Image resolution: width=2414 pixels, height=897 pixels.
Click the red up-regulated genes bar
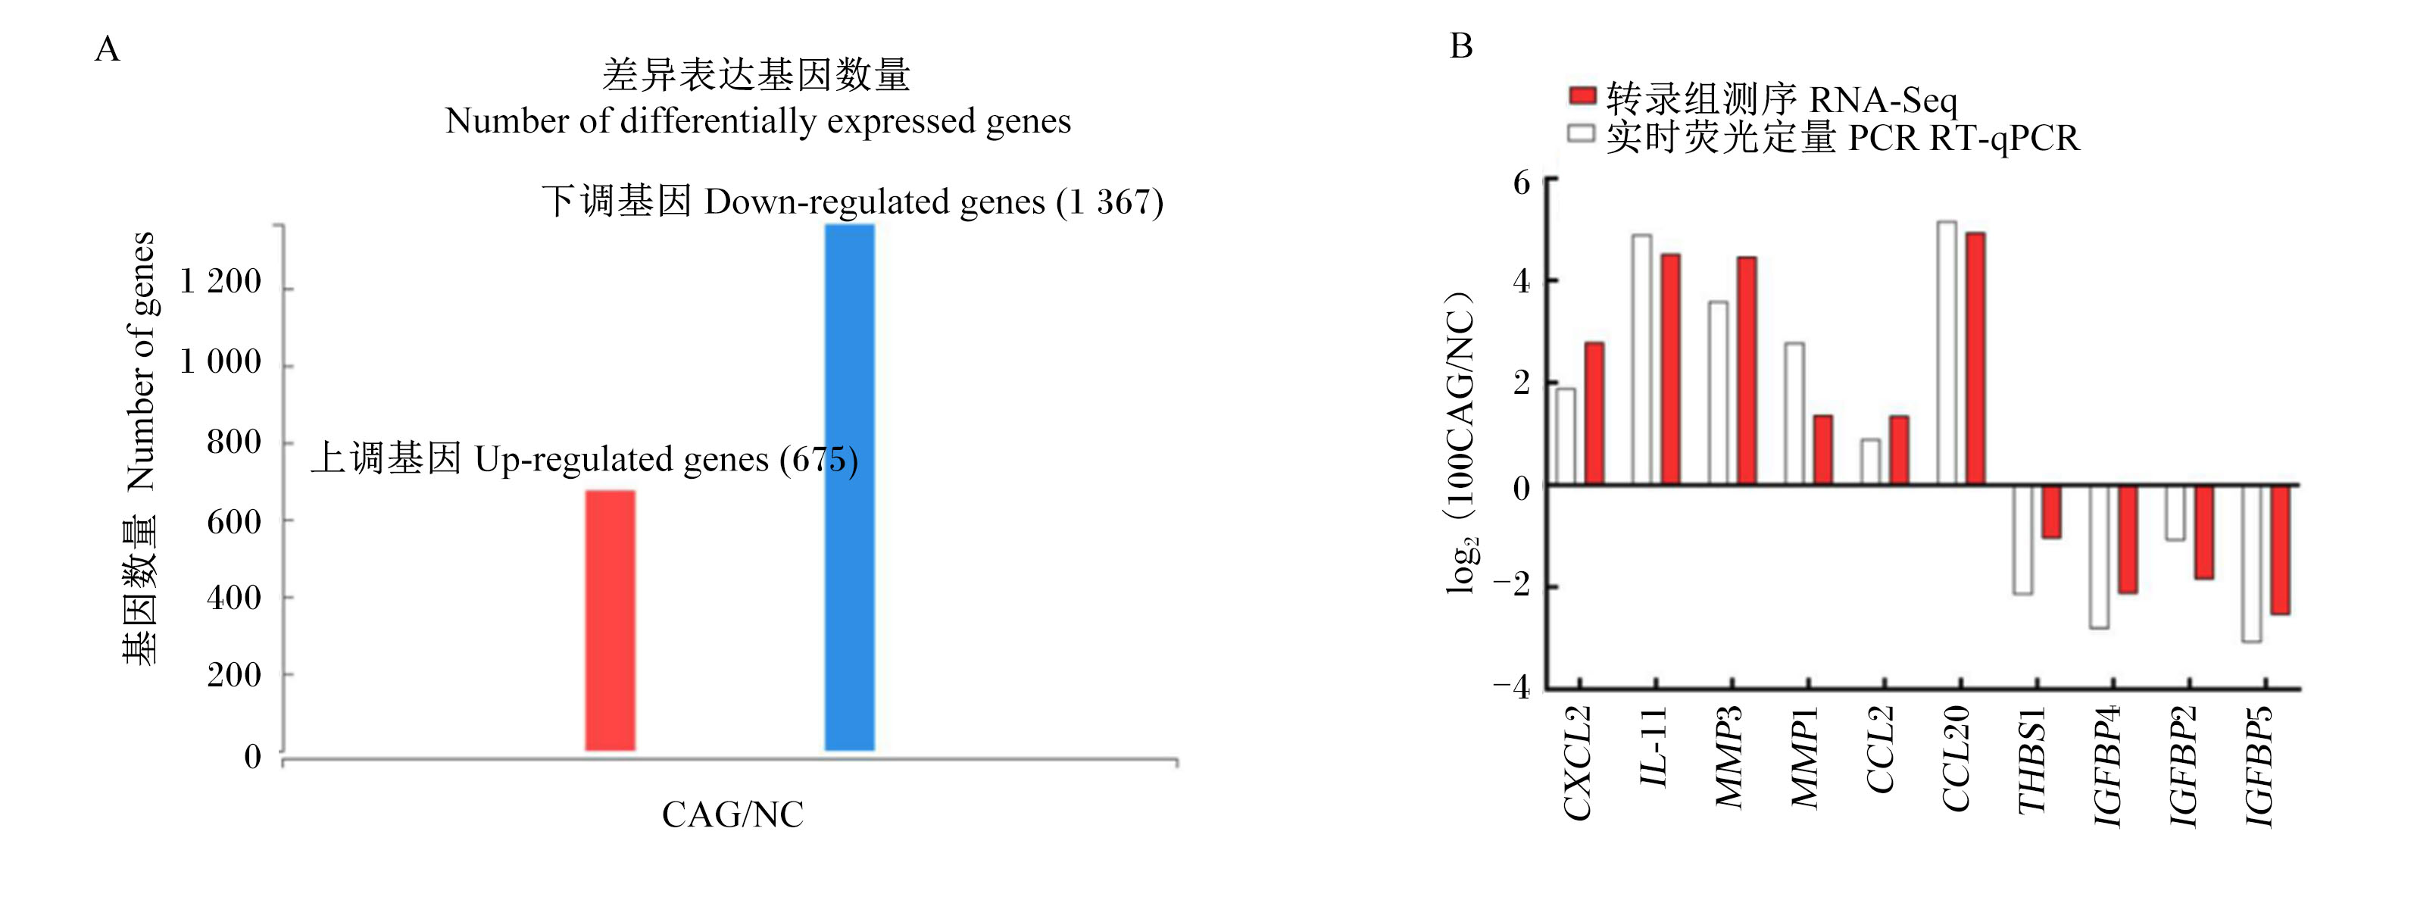pyautogui.click(x=610, y=620)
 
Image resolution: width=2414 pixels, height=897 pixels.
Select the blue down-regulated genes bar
pyautogui.click(x=849, y=487)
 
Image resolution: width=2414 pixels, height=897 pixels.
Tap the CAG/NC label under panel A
pyautogui.click(x=732, y=814)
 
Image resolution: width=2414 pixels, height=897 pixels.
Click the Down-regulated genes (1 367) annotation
pyautogui.click(x=853, y=202)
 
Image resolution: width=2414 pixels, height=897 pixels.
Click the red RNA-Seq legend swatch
pyautogui.click(x=1582, y=95)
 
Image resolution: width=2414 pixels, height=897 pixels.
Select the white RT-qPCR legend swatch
pyautogui.click(x=1582, y=133)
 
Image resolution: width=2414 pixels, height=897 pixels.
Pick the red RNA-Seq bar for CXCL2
pyautogui.click(x=1594, y=414)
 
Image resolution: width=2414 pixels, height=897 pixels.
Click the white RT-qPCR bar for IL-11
pyautogui.click(x=1642, y=359)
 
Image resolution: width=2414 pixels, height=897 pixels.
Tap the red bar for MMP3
pyautogui.click(x=1747, y=370)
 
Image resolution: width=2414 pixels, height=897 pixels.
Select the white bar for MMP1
pyautogui.click(x=1794, y=414)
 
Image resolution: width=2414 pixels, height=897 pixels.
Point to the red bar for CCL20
pyautogui.click(x=1975, y=358)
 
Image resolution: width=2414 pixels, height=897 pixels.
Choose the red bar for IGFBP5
pyautogui.click(x=2280, y=550)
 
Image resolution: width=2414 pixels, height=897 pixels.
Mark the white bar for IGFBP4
pyautogui.click(x=2099, y=557)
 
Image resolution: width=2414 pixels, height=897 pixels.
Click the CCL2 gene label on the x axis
pyautogui.click(x=1879, y=750)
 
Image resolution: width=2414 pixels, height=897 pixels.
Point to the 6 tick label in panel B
pyautogui.click(x=1522, y=182)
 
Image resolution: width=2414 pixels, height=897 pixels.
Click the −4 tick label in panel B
pyautogui.click(x=1512, y=686)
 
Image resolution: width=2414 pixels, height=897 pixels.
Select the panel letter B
pyautogui.click(x=1461, y=46)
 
